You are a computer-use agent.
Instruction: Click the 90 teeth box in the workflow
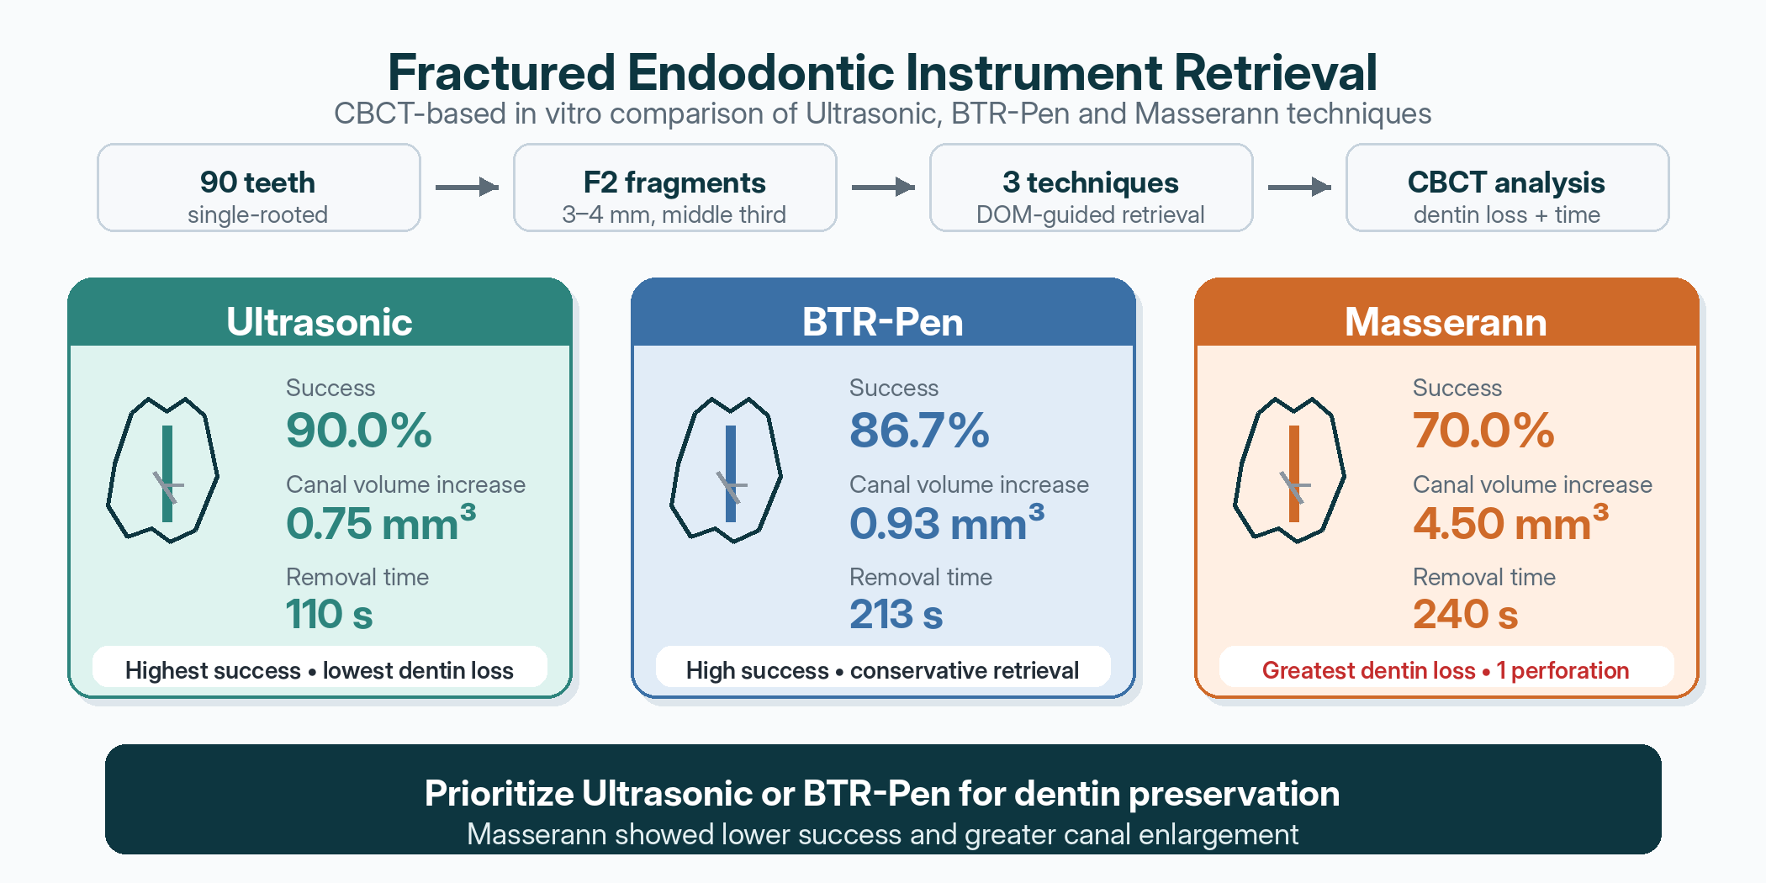pos(259,188)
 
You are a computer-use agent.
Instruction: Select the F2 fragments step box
pos(675,188)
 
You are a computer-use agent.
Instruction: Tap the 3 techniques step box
pos(1092,188)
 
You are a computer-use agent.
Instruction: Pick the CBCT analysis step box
pos(1508,188)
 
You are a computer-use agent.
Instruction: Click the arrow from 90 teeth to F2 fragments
pos(467,187)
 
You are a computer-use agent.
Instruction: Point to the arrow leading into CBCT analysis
pos(1299,187)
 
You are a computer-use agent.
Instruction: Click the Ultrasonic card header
pos(320,313)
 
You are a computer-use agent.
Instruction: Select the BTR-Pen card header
pos(883,313)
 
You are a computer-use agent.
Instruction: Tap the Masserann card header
pos(1446,313)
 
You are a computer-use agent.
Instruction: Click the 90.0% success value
pos(359,431)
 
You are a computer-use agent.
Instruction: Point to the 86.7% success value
pos(919,431)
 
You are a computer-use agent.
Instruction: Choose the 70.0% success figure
pos(1483,431)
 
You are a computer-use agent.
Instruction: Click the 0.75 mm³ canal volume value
pos(381,522)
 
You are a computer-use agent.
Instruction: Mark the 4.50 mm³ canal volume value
pos(1510,522)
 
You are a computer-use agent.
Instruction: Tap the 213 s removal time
pos(896,615)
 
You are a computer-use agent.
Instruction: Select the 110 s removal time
pos(329,615)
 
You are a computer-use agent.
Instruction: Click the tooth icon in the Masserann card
pos(1289,470)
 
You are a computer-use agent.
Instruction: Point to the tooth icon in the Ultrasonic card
pos(162,470)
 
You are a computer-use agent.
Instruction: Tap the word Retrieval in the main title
pos(1276,72)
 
